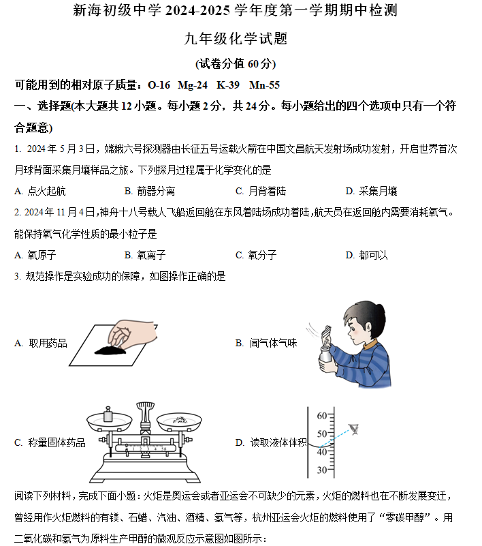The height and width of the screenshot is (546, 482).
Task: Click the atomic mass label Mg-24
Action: [x=193, y=85]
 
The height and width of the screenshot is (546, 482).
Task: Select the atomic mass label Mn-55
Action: [x=264, y=85]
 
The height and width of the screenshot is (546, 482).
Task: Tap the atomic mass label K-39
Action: [x=228, y=85]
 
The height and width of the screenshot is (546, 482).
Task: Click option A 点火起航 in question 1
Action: [x=40, y=191]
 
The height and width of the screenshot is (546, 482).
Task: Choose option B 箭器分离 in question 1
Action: [x=150, y=191]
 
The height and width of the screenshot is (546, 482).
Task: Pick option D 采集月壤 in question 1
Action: [x=372, y=191]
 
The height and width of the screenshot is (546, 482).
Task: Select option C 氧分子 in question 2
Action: [x=256, y=255]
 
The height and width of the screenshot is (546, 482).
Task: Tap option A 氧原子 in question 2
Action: [x=35, y=255]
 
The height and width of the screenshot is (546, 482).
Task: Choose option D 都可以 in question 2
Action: [x=366, y=255]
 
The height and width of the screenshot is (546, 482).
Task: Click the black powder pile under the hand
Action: [x=110, y=350]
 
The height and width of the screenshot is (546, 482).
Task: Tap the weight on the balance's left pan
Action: [x=108, y=414]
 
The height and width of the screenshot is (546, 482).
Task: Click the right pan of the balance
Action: [x=179, y=423]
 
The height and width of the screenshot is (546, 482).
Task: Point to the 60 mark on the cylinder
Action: [x=322, y=416]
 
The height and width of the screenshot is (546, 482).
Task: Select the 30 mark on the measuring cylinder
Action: [x=322, y=470]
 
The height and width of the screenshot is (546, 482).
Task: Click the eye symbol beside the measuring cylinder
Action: [x=354, y=429]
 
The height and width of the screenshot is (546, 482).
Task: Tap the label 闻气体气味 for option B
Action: [x=273, y=343]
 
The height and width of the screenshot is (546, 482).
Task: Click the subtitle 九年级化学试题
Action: [x=236, y=38]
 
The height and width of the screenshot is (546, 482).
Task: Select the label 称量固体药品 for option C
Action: [x=57, y=442]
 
